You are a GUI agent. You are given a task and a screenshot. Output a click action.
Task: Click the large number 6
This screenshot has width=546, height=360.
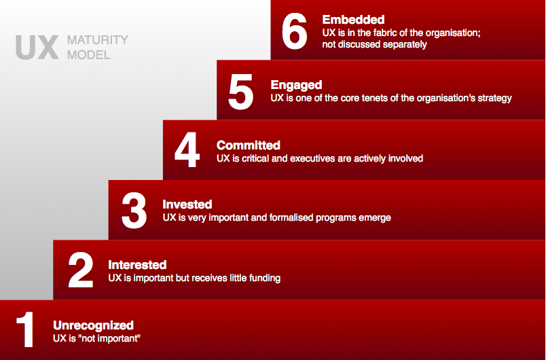[x=294, y=31]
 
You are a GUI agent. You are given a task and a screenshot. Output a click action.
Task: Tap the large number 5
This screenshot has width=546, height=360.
[x=240, y=92]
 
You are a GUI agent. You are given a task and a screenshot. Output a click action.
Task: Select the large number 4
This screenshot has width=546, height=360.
[x=187, y=150]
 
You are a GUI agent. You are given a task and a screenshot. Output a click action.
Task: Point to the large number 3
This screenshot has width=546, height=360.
[x=134, y=211]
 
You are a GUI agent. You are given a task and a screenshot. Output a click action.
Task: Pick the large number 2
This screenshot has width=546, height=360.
[x=81, y=270]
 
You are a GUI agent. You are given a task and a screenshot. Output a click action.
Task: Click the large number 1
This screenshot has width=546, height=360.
[x=25, y=329]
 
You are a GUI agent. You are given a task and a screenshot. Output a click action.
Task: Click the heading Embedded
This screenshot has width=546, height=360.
[x=353, y=20]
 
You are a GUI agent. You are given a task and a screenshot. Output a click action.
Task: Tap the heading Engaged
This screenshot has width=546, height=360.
[x=296, y=86]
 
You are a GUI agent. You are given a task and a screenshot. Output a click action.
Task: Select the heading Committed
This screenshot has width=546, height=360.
[x=249, y=145]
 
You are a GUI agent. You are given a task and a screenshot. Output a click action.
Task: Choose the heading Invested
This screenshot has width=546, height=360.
[x=187, y=204]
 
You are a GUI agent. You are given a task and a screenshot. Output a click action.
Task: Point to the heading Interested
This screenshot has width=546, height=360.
[x=137, y=265]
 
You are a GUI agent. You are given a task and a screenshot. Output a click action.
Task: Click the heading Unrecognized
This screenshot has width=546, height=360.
[x=93, y=325]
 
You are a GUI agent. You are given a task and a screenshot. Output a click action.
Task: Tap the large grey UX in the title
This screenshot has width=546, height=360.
[x=37, y=48]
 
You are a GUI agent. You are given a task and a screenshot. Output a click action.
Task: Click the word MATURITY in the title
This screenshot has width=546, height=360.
[x=98, y=40]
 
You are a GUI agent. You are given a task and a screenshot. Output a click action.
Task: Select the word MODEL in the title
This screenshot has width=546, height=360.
[x=89, y=55]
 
